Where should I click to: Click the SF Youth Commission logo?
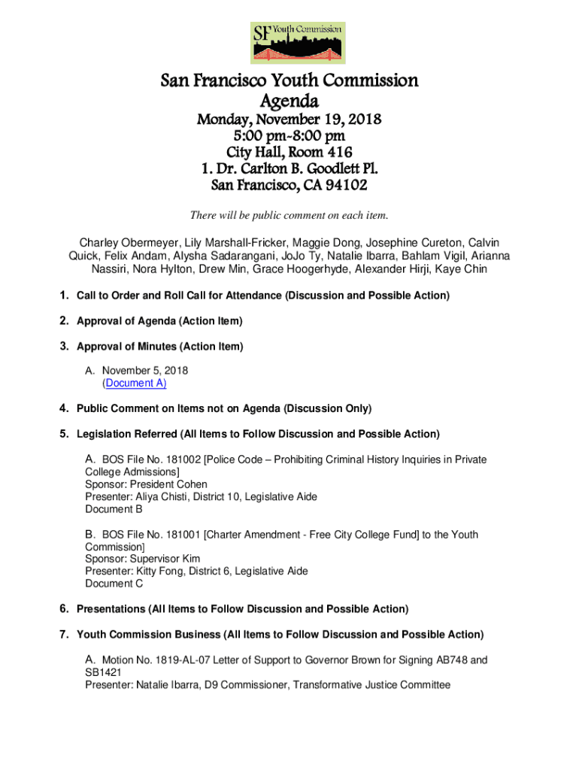(297, 43)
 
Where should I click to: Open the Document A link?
(135, 383)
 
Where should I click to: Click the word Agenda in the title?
(289, 101)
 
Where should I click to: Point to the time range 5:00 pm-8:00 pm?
(289, 136)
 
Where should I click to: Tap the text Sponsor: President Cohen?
(146, 484)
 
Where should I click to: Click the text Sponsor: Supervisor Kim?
(143, 559)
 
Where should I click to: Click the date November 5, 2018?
(145, 371)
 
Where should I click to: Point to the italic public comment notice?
(289, 216)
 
